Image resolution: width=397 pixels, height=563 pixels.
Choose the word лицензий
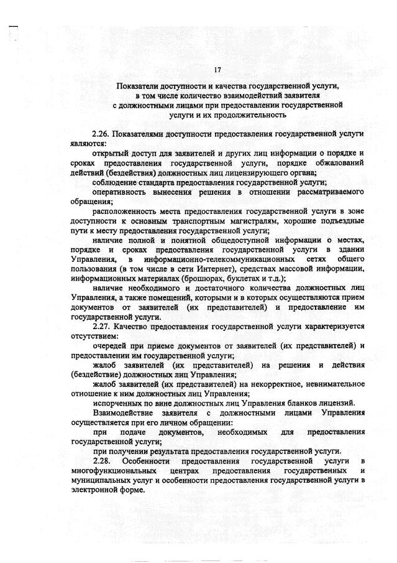tap(339, 402)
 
